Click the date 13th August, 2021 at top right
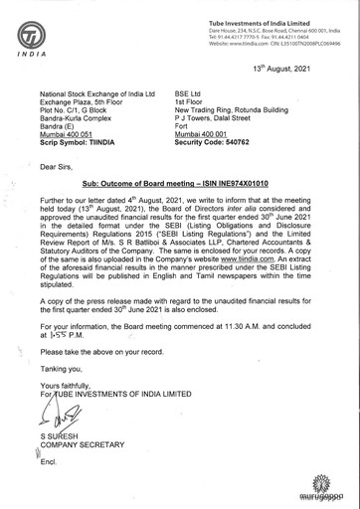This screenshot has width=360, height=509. (x=304, y=71)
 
